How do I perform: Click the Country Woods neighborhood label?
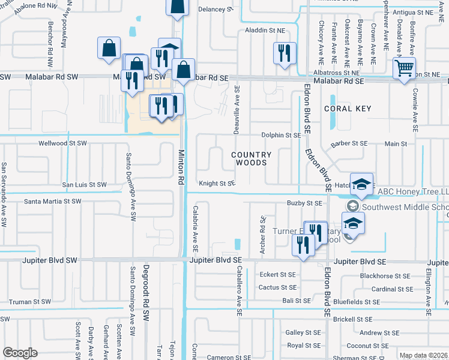[252, 158]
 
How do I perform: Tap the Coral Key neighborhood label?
[348, 109]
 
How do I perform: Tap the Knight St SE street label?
[217, 184]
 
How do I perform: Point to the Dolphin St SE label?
[280, 136]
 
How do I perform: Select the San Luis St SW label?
[85, 185]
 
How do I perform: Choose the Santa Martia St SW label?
[53, 202]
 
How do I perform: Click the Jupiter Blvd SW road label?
[52, 260]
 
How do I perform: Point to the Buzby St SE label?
[304, 203]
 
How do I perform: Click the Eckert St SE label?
[277, 274]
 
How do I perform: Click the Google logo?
[20, 353]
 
